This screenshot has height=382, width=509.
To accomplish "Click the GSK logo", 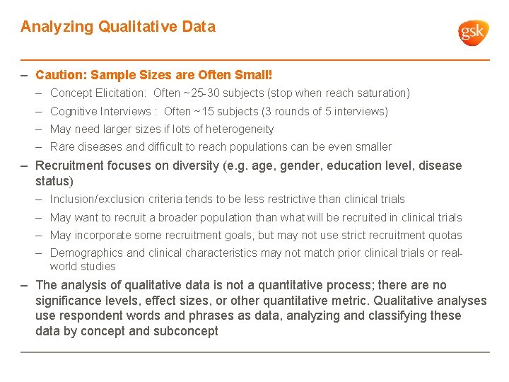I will [473, 33].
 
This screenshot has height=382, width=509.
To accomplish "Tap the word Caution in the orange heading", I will [59, 74].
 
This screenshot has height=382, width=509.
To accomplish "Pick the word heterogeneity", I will [240, 129].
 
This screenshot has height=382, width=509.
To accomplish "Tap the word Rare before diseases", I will [62, 147].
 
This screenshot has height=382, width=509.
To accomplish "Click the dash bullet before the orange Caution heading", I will [25, 74].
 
